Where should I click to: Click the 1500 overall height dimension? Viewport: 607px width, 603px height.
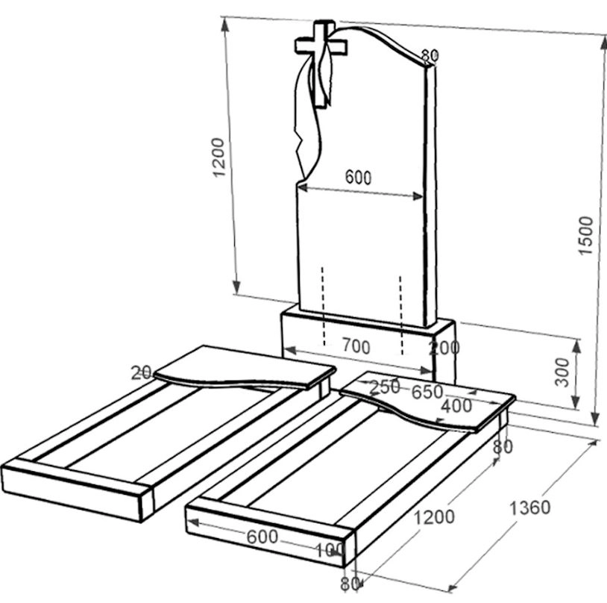point(585,235)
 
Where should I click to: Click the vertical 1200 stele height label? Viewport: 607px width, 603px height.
point(218,157)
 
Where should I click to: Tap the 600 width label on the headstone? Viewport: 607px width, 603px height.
point(358,177)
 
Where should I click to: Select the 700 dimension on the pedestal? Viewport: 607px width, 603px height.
point(356,346)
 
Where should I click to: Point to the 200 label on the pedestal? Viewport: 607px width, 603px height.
point(444,348)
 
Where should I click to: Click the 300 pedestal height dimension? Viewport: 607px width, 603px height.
point(562,372)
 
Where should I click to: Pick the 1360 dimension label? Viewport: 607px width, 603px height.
point(529,507)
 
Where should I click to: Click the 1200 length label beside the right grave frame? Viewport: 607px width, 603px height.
point(434,517)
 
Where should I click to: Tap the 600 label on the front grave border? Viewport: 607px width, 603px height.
point(262,537)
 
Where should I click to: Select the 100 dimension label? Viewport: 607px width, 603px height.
point(330,549)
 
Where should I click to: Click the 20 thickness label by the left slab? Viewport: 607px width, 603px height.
point(141,373)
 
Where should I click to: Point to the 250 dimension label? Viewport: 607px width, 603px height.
point(385,387)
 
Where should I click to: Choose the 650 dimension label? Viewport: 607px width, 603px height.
point(427,393)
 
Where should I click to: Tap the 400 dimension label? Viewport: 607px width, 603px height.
point(456,406)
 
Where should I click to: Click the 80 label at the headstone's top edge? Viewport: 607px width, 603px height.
point(430,56)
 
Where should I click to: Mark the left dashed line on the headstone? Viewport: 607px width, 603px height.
point(323,306)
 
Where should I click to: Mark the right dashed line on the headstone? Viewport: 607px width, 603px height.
point(400,315)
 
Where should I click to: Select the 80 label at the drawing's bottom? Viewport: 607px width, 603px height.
point(350,584)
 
